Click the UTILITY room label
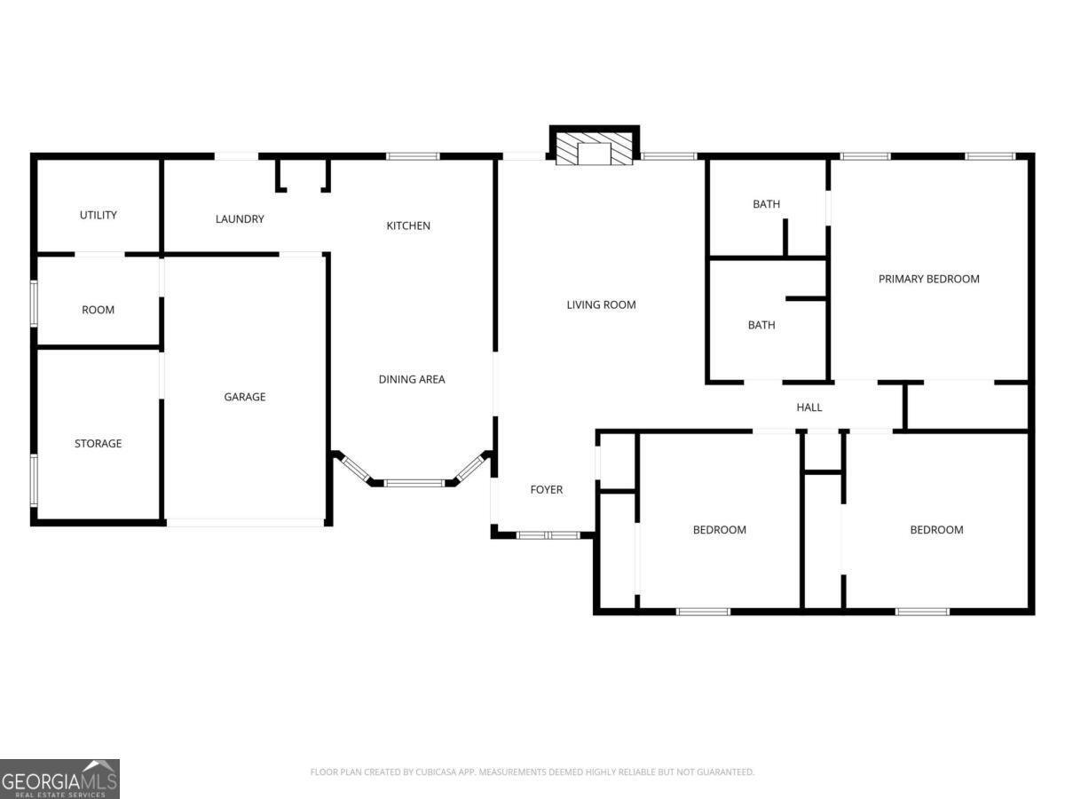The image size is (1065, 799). [x=99, y=215]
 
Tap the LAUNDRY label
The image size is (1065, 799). [x=240, y=218]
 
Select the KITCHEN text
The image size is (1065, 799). [x=408, y=225]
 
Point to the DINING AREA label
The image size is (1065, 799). [x=412, y=379]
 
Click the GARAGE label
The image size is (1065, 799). [x=245, y=397]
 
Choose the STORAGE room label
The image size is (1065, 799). [x=99, y=443]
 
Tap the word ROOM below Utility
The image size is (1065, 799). [x=99, y=310]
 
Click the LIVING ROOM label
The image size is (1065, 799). [x=602, y=305]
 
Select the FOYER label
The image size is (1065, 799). [x=547, y=489]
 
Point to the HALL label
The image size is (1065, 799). [x=809, y=407]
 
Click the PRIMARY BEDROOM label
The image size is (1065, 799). [x=929, y=279]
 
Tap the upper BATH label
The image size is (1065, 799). [x=767, y=204]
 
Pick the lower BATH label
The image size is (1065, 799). [x=761, y=325]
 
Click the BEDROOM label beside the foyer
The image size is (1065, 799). [x=720, y=530]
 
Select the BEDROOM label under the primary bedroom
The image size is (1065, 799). [x=936, y=530]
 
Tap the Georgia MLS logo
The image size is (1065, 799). [x=59, y=779]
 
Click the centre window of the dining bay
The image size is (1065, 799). [x=413, y=483]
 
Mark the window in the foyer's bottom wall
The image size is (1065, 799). [x=548, y=535]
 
